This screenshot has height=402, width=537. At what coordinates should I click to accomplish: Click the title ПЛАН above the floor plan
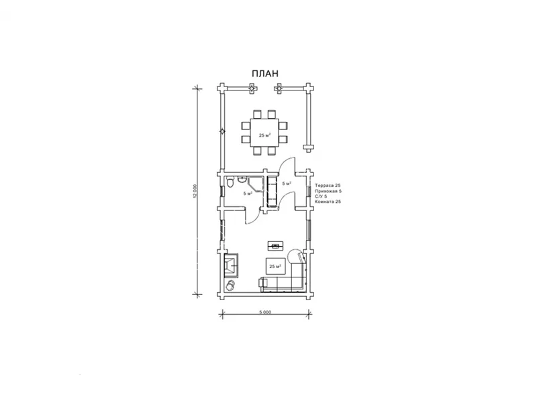pyautogui.click(x=265, y=74)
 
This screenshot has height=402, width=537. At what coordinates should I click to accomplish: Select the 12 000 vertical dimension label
pyautogui.click(x=195, y=191)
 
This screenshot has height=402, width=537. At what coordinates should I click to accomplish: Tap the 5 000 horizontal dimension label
pyautogui.click(x=265, y=312)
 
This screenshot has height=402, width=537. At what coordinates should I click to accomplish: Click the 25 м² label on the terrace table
pyautogui.click(x=264, y=135)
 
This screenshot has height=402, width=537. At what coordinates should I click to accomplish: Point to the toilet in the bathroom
pyautogui.click(x=230, y=182)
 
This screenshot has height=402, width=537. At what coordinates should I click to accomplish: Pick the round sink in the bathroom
pyautogui.click(x=242, y=178)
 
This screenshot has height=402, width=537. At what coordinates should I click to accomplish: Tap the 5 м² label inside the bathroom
pyautogui.click(x=248, y=193)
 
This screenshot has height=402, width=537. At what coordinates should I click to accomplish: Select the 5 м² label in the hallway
pyautogui.click(x=287, y=183)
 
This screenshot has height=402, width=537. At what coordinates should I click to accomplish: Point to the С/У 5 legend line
pyautogui.click(x=321, y=196)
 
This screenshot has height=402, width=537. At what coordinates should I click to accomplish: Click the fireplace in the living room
pyautogui.click(x=232, y=265)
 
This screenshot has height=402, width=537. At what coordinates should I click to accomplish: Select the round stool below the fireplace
pyautogui.click(x=230, y=285)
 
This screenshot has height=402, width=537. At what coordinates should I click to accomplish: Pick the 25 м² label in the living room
pyautogui.click(x=275, y=266)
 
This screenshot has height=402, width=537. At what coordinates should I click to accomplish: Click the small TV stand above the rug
pyautogui.click(x=275, y=245)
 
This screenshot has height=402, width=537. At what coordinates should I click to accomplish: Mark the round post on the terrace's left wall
pyautogui.click(x=223, y=131)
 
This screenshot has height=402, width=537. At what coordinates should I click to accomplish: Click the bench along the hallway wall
pyautogui.click(x=272, y=192)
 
